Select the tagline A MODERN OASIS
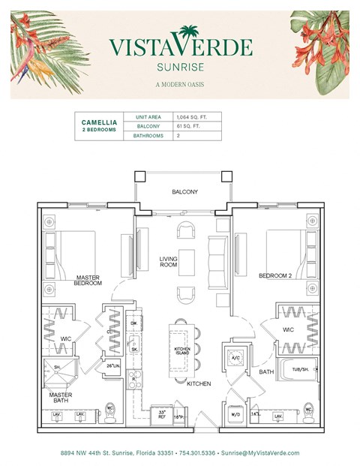[x=180, y=83]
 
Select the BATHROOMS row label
[x=148, y=137]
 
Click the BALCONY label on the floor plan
[x=184, y=192]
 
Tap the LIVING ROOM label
[x=169, y=263]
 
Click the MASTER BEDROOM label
[x=87, y=281]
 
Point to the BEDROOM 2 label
[x=274, y=276]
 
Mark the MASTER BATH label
[x=60, y=398]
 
